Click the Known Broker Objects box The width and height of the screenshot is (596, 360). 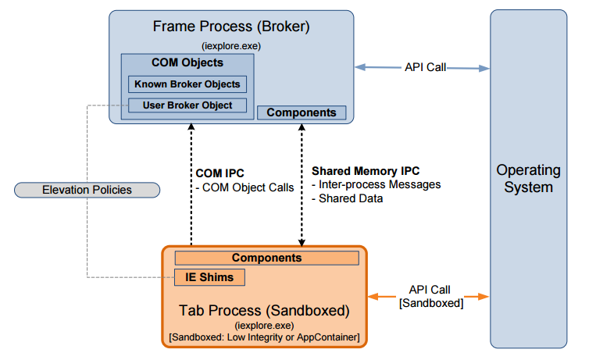point(187,84)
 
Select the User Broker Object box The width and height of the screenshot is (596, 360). point(187,105)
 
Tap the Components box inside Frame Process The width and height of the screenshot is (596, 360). point(302,112)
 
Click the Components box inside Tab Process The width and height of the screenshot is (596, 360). point(266,258)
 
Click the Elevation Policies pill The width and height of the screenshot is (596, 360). point(87,190)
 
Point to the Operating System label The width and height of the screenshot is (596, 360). point(528,178)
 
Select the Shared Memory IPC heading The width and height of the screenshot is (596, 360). point(360,170)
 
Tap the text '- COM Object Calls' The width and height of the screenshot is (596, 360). point(245,187)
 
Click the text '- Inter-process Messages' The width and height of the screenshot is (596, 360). point(376,184)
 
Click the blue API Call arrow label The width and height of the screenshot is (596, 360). point(425,67)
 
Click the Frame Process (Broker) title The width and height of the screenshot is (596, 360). point(232,27)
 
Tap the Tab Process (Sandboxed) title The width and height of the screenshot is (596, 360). point(265,310)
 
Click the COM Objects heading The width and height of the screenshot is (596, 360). point(187,63)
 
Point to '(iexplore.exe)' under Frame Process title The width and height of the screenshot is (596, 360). point(231,46)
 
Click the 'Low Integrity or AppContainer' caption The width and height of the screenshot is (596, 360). point(265,337)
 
